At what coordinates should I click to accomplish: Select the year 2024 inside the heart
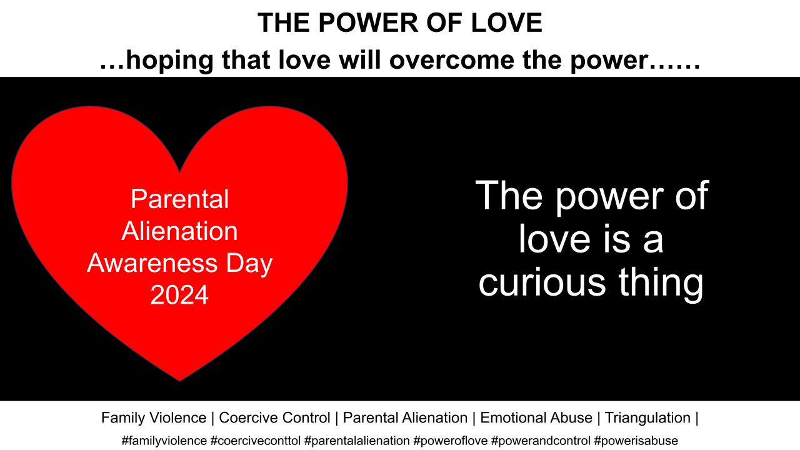tap(179, 294)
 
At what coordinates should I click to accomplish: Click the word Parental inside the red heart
tap(179, 199)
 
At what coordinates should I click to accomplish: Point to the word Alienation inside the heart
tap(179, 231)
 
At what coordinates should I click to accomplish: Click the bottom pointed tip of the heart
tap(180, 379)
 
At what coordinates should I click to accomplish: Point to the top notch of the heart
tap(180, 171)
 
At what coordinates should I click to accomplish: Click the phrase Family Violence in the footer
tap(154, 417)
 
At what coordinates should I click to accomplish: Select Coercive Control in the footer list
tap(274, 417)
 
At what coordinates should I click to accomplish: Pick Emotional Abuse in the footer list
tap(536, 417)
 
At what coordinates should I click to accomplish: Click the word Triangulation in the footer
tap(647, 417)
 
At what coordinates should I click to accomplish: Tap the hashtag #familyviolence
tap(164, 440)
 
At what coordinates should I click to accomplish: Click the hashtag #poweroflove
tap(450, 440)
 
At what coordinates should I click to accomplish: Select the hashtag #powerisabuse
tap(636, 440)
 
